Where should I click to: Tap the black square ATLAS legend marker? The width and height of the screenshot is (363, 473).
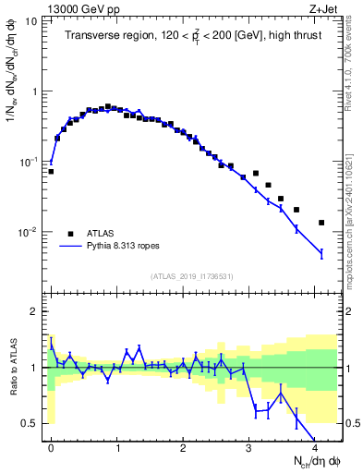(69, 233)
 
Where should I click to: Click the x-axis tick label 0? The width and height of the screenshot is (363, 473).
(51, 446)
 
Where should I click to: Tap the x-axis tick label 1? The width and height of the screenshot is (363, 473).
(117, 446)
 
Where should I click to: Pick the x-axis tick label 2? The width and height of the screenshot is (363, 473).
(183, 446)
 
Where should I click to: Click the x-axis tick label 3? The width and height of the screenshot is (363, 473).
(249, 446)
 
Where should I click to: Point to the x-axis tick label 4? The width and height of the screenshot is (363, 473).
(315, 446)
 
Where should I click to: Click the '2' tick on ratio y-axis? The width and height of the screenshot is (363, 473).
(35, 311)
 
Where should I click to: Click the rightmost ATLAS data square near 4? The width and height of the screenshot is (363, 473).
(321, 223)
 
